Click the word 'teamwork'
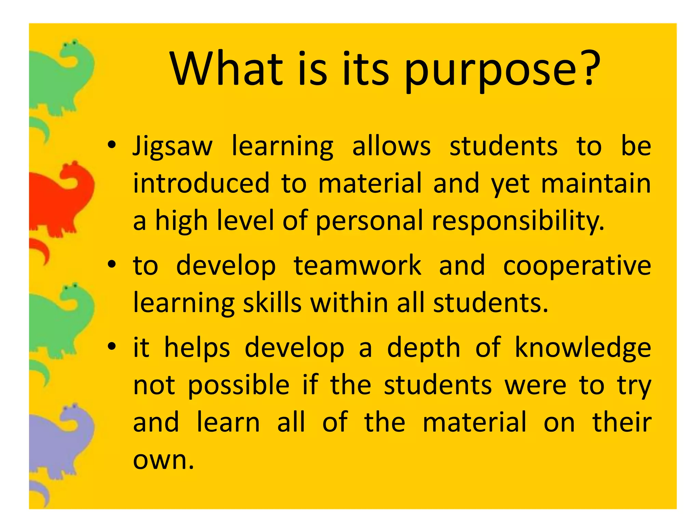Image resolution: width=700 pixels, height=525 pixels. [358, 266]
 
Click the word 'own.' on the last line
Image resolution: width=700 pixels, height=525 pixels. [163, 460]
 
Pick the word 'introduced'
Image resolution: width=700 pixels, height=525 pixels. [201, 184]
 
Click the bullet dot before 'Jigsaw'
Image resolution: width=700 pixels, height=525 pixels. [111, 145]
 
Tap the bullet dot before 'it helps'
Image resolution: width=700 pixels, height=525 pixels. [111, 347]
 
